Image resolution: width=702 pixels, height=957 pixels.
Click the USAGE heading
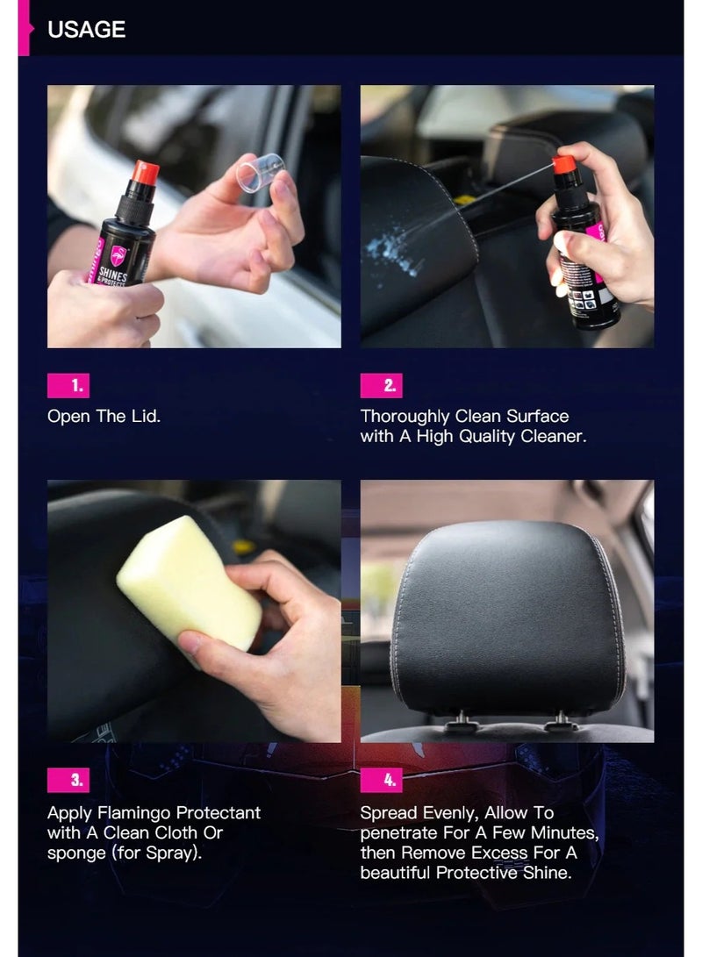(86, 29)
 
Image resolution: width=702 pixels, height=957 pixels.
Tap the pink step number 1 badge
(68, 385)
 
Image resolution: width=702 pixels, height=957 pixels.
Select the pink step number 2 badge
(381, 385)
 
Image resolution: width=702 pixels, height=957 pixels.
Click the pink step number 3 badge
(68, 779)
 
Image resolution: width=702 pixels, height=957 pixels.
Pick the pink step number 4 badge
(381, 779)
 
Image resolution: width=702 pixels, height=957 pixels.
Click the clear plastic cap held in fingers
(261, 172)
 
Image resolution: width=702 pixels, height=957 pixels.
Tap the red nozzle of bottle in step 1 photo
(145, 172)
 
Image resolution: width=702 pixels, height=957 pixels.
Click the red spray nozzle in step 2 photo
(564, 164)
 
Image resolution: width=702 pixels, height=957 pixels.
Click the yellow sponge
(189, 582)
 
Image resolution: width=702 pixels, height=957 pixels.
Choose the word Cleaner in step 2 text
(552, 436)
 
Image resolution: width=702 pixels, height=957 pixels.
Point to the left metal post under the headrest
(460, 724)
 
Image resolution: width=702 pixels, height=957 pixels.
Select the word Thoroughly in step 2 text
(405, 416)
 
